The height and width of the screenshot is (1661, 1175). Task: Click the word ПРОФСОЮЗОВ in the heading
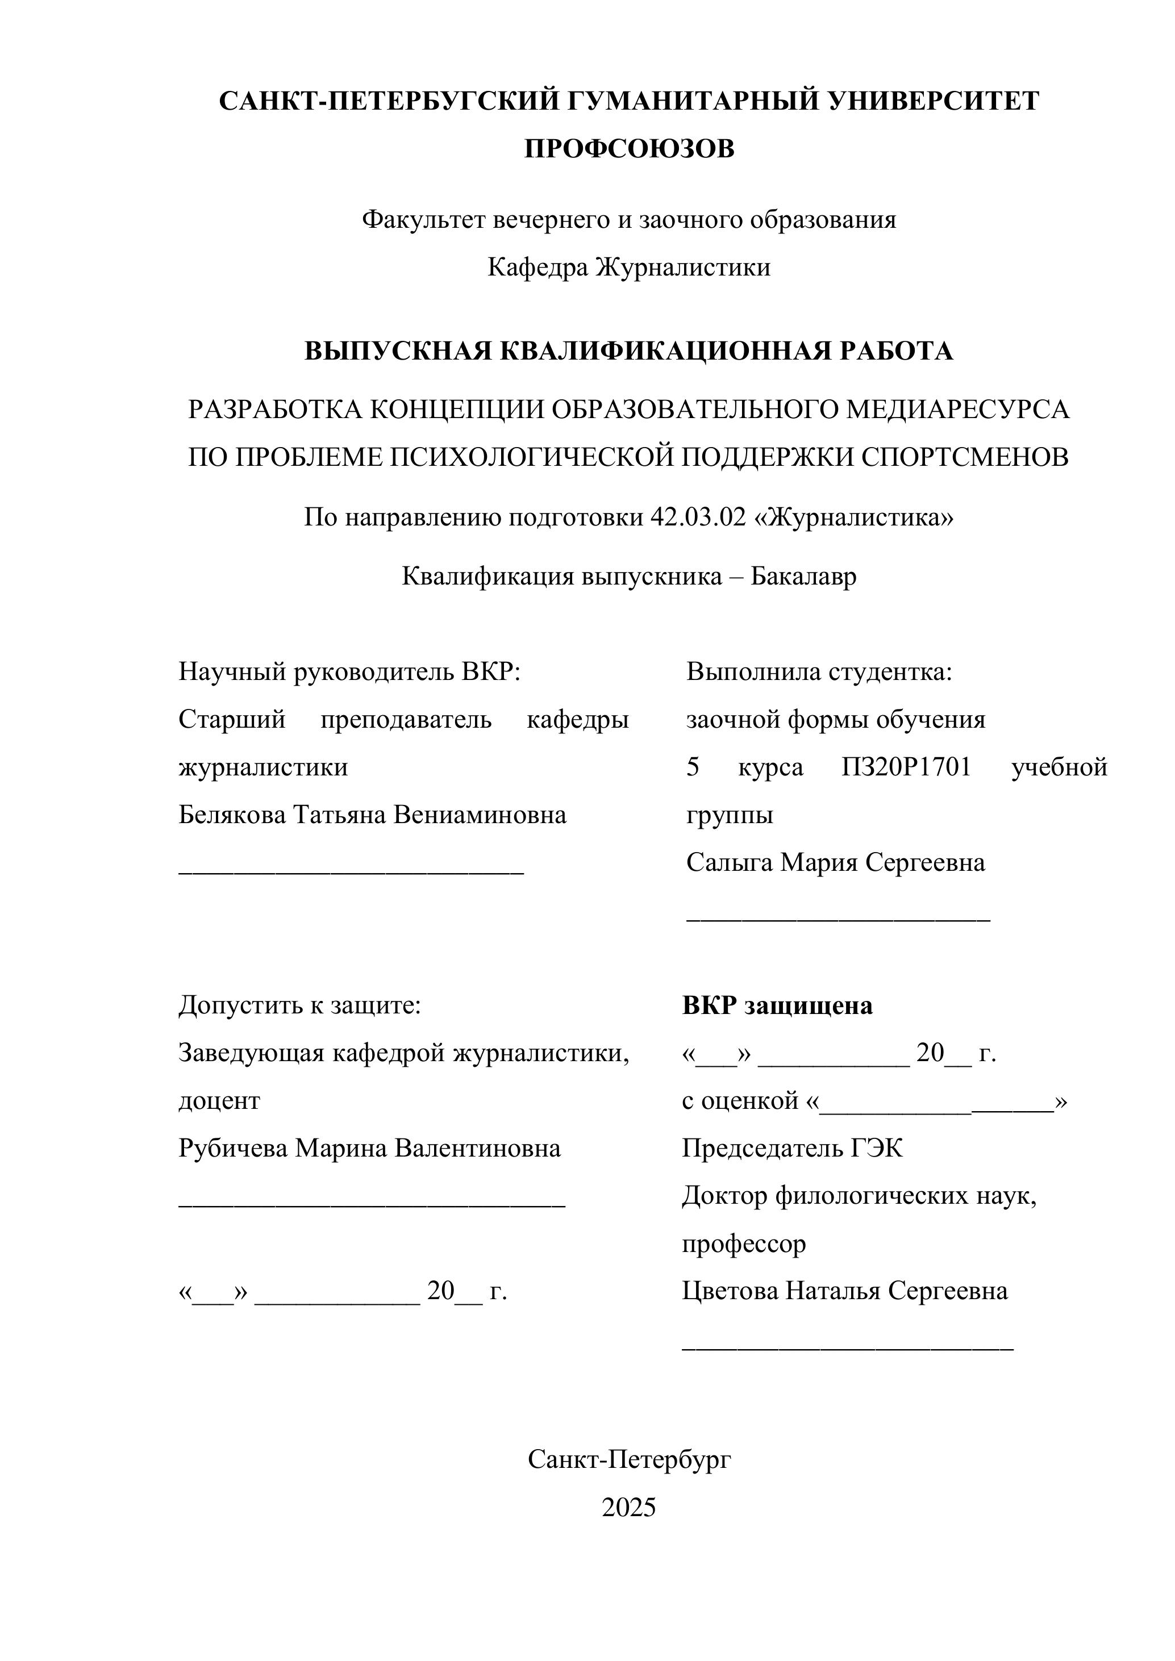coord(629,149)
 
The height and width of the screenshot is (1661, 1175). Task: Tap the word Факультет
coord(424,219)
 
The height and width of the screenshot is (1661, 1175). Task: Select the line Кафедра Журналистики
coord(629,268)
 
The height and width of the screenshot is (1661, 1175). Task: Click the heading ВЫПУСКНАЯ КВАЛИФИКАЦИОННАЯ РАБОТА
coord(629,351)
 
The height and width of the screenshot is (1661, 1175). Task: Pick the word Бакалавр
coord(803,576)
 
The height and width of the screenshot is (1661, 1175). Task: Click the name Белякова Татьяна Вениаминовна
coord(373,815)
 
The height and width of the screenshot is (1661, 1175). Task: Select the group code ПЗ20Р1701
coord(906,767)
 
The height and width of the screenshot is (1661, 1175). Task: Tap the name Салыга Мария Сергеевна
coord(836,862)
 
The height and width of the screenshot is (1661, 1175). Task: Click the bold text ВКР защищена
coord(777,1005)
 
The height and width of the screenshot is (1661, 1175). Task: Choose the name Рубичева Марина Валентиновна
coord(369,1148)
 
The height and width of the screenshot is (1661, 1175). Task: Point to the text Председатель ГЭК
coord(792,1148)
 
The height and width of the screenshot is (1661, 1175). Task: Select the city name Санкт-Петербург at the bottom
coord(629,1460)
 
